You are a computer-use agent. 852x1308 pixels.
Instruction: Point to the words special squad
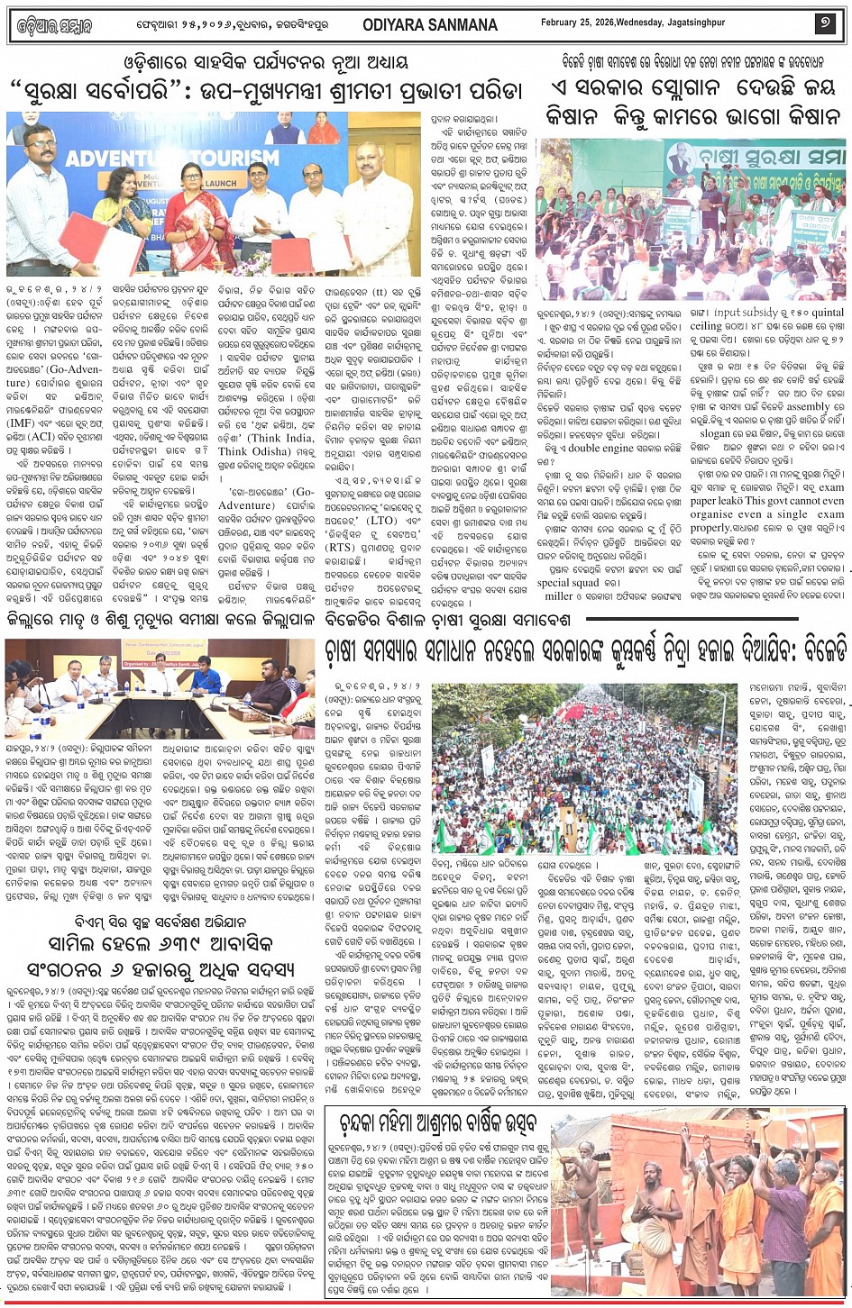point(567,583)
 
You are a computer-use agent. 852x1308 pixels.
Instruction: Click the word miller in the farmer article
point(559,595)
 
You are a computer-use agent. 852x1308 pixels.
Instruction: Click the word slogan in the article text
point(716,433)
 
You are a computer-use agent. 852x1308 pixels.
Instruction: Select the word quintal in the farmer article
point(828,313)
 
